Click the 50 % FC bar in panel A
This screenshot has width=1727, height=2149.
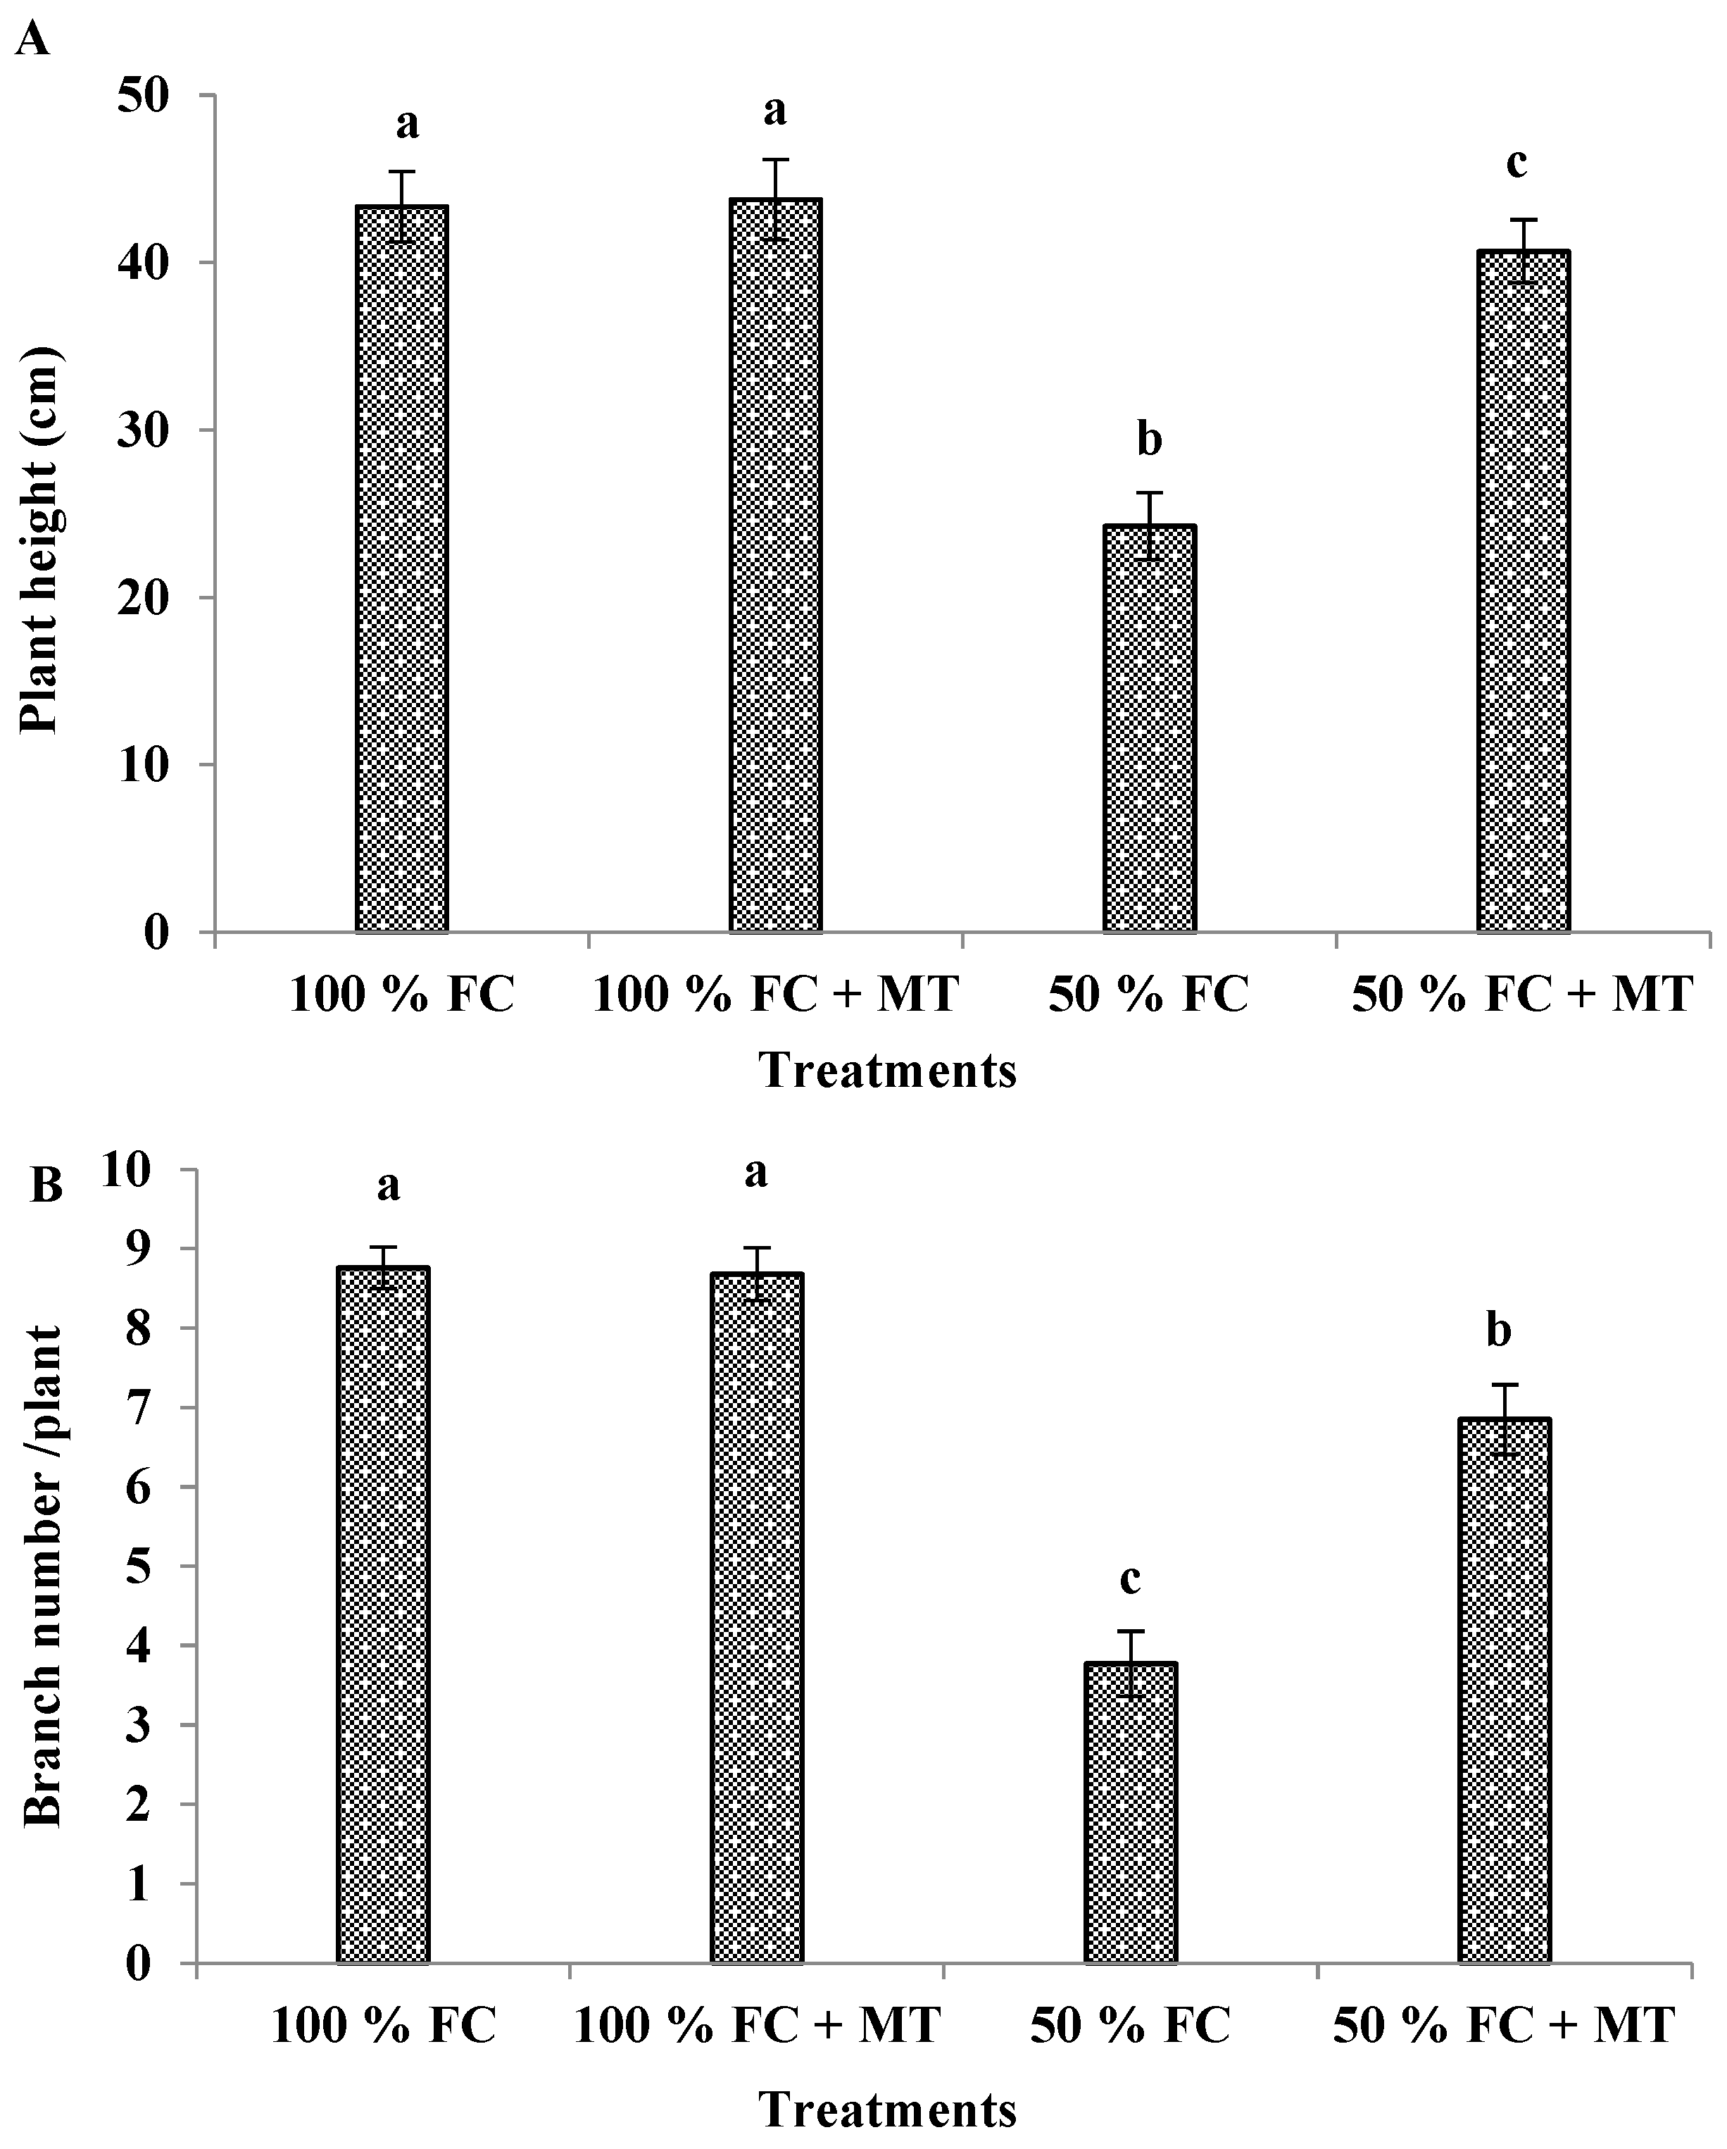(x=1149, y=728)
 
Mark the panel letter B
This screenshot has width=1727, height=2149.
(x=47, y=1186)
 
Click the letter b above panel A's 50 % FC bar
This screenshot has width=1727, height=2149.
(x=1149, y=440)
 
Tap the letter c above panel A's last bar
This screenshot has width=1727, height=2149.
(x=1516, y=163)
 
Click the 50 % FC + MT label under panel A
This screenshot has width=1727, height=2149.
(x=1521, y=995)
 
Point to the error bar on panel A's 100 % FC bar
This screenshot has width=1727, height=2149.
(x=401, y=206)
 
